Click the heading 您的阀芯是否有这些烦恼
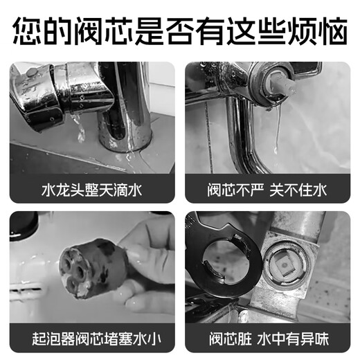pyautogui.click(x=180, y=32)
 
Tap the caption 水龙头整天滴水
pyautogui.click(x=92, y=188)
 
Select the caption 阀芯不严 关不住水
pyautogui.click(x=267, y=188)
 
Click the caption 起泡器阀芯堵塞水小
pyautogui.click(x=92, y=339)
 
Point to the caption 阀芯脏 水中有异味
pyautogui.click(x=267, y=339)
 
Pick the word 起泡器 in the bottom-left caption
pyautogui.click(x=46, y=339)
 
